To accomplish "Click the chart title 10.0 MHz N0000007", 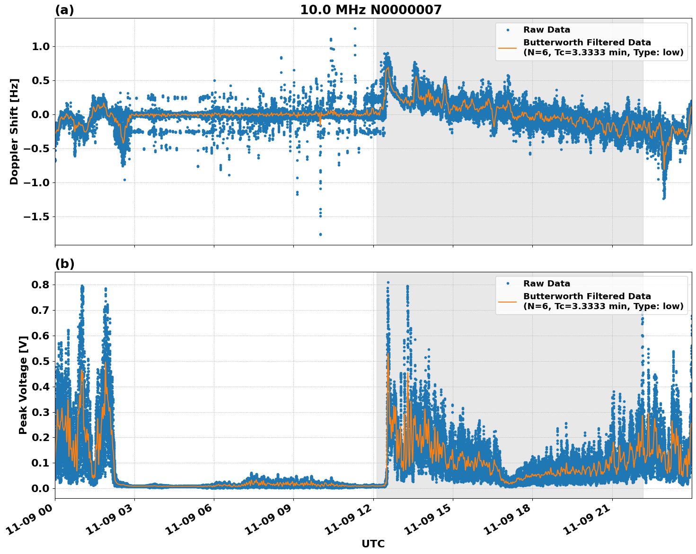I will tap(371, 10).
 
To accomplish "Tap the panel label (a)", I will tap(64, 10).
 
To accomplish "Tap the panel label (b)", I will tap(64, 264).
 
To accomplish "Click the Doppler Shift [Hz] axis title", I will tap(14, 131).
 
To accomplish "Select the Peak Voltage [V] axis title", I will tap(23, 385).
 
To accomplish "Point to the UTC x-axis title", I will tap(373, 544).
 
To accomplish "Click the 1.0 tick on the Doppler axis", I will tap(41, 46).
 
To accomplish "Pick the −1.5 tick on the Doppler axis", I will tap(37, 216).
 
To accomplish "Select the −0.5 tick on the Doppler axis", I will tap(37, 148).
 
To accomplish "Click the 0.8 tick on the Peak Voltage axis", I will tap(41, 285).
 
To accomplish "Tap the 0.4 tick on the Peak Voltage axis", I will tap(41, 387).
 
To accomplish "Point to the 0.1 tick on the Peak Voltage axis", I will tap(41, 463).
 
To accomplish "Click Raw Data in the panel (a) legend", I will tap(546, 30).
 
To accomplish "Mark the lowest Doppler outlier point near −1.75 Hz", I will tap(320, 234).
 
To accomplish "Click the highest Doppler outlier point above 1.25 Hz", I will tap(355, 28).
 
